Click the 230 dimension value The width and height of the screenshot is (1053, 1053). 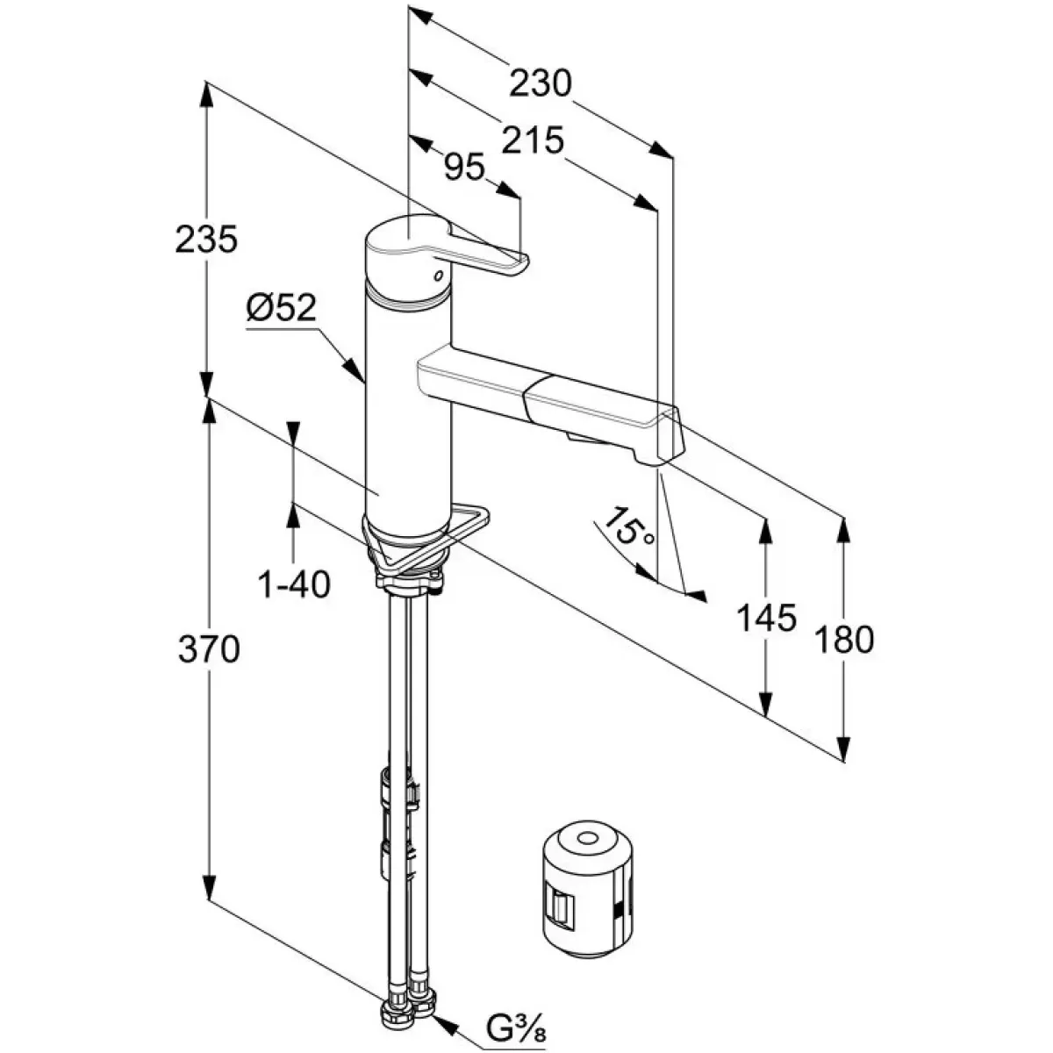[541, 84]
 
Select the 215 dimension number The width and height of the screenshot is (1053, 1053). [533, 140]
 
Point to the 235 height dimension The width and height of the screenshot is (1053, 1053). [206, 240]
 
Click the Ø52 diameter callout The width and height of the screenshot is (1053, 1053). [280, 309]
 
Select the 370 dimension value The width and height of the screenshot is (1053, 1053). [208, 649]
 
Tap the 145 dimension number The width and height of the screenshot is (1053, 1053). [767, 619]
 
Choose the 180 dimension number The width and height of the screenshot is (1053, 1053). [844, 640]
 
